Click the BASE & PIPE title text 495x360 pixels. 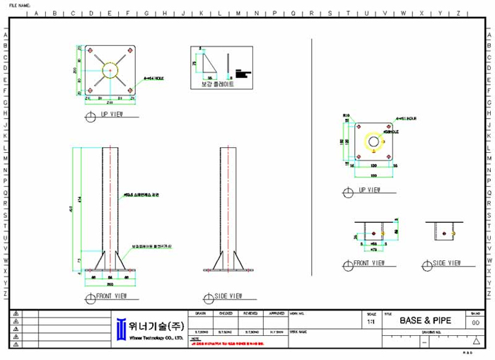click(x=425, y=320)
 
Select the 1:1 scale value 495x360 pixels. click(x=371, y=321)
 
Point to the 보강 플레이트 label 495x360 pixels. click(x=217, y=83)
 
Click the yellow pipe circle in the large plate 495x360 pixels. click(x=110, y=71)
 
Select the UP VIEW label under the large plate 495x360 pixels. click(x=113, y=113)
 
